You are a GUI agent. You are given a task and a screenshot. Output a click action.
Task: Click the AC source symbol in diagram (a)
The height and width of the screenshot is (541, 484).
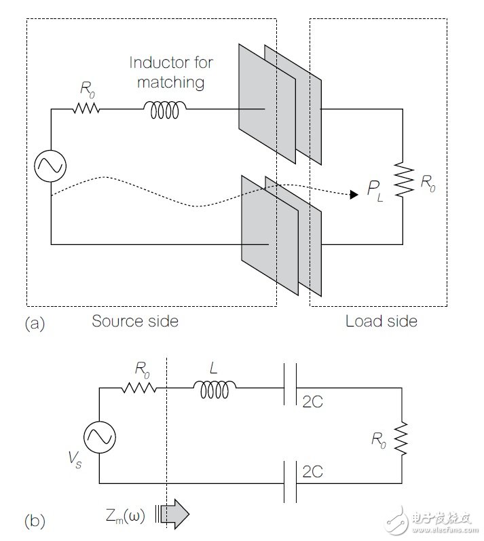tap(50, 166)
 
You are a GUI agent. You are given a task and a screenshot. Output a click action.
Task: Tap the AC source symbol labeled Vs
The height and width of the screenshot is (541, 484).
tap(100, 437)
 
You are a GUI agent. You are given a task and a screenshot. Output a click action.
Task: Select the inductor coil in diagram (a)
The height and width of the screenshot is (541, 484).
tap(165, 110)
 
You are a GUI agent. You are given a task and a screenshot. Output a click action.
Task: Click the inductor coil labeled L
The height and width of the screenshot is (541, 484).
tap(215, 389)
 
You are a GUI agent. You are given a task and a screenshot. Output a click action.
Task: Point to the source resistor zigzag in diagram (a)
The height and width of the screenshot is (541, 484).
tap(86, 109)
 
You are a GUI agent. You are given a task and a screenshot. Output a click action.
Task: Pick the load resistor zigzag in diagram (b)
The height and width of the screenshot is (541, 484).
tap(401, 439)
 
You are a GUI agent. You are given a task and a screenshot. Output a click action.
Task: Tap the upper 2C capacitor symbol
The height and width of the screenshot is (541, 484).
tap(290, 384)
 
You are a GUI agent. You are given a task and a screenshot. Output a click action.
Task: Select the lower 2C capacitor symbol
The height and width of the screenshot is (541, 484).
tap(290, 482)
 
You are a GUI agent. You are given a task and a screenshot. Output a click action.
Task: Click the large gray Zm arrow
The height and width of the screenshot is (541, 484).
tap(175, 514)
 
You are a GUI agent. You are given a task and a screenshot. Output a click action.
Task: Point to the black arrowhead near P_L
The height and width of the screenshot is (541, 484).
tap(354, 195)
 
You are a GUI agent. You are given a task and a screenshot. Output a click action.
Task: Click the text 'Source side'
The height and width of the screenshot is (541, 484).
tap(135, 321)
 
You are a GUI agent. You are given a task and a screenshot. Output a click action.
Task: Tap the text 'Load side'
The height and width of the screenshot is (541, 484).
tap(381, 321)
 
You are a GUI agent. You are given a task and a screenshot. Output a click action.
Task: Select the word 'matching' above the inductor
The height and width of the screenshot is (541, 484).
tap(171, 83)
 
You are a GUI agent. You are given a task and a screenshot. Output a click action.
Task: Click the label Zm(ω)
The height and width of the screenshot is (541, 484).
tap(125, 516)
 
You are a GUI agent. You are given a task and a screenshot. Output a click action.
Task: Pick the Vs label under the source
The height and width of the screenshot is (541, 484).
tap(75, 460)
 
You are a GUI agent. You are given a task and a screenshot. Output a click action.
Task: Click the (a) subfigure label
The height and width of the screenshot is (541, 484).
tap(35, 324)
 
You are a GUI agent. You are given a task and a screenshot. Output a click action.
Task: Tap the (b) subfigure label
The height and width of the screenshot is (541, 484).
tap(35, 521)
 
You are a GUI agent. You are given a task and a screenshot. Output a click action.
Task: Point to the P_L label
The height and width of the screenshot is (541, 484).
tap(375, 191)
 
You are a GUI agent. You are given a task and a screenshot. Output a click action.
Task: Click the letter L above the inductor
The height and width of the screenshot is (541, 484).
tap(214, 368)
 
